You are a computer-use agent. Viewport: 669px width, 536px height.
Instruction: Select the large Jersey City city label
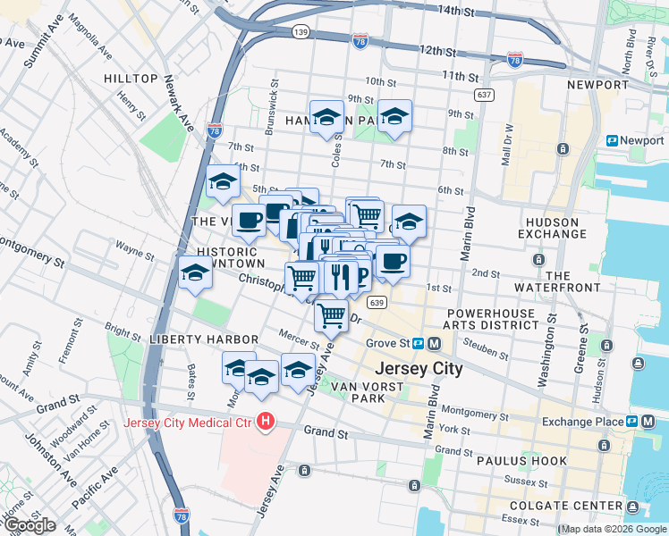419,368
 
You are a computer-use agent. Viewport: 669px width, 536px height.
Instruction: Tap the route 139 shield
301,31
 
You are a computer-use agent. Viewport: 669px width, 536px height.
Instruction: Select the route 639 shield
377,303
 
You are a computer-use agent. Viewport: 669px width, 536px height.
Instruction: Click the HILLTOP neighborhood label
131,79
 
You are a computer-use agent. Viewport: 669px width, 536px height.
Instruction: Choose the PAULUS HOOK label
517,461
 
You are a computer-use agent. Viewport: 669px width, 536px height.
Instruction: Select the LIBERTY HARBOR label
204,339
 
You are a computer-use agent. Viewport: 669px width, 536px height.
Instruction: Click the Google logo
30,525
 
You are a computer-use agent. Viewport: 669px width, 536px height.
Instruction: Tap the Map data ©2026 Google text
614,529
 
